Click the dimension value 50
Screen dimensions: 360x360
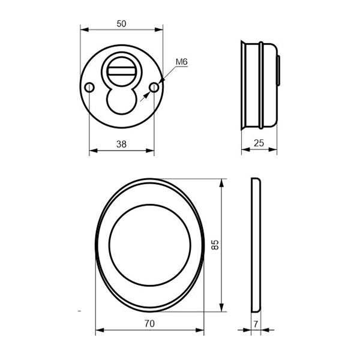coord(121,23)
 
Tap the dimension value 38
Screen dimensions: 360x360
coord(121,144)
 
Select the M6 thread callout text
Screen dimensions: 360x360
coord(182,62)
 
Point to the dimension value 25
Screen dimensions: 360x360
coord(259,143)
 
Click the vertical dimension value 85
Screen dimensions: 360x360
coord(215,245)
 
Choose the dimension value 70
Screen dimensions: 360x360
coord(149,324)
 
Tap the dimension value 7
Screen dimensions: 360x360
coord(256,324)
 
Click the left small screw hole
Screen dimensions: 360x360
coord(89,88)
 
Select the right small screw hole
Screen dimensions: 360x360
coord(154,88)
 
